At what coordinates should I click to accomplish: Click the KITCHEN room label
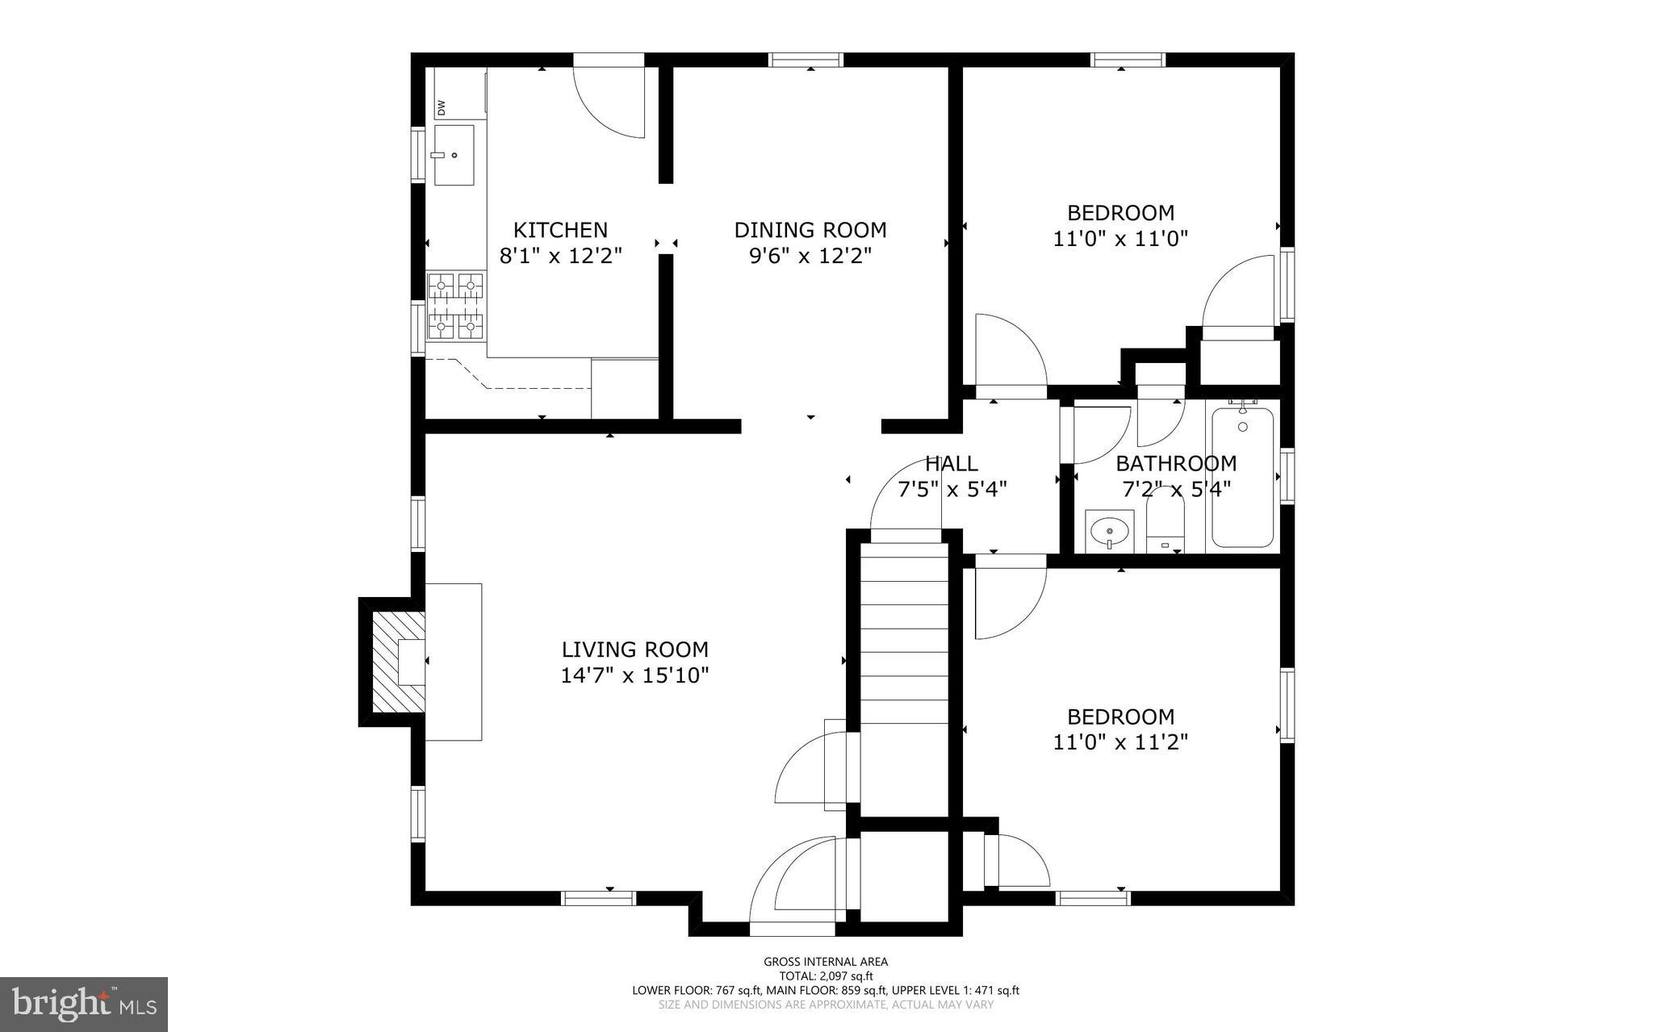coord(560,230)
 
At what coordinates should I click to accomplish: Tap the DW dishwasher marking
coord(441,107)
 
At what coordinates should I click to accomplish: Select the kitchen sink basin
coord(454,154)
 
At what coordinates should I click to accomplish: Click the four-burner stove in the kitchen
coord(456,306)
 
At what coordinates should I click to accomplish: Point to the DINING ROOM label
coord(810,230)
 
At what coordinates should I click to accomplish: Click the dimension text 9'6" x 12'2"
coord(810,256)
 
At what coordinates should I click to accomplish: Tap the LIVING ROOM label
coord(634,650)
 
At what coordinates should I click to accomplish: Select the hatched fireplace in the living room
coord(399,662)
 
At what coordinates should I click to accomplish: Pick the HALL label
coord(952,464)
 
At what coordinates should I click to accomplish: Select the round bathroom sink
coord(1109,531)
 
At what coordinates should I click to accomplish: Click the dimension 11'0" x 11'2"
coord(1120,742)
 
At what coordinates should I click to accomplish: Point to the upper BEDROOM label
coord(1120,213)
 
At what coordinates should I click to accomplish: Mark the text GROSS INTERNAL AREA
coord(826,961)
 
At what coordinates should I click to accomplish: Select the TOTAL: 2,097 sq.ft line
coord(826,976)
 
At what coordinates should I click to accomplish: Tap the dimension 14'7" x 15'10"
coord(634,675)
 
